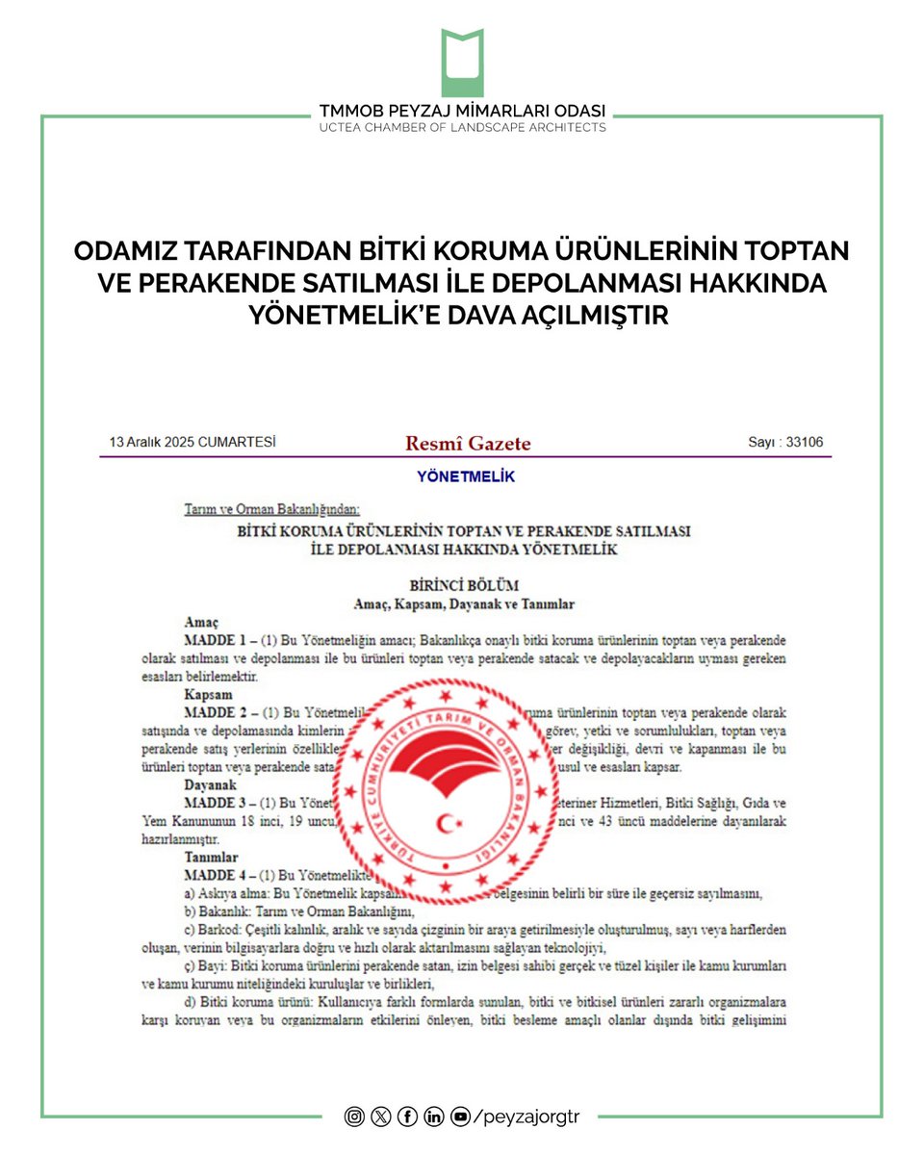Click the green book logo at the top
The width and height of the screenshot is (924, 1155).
coord(462,63)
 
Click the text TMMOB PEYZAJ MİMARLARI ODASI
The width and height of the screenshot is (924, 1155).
coord(462,112)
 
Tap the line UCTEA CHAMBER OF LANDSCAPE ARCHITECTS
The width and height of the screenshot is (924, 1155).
coord(462,127)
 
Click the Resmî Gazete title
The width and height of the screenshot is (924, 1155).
coord(468,443)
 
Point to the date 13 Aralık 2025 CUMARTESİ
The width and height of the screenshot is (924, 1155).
coord(192,442)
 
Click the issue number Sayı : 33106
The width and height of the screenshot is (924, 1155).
coord(784,442)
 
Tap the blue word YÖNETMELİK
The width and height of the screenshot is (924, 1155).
coord(466,476)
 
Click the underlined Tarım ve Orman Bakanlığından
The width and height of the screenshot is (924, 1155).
coord(271,509)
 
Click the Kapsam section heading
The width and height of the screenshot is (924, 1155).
coord(208,694)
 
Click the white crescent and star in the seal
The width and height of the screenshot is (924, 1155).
coord(447,823)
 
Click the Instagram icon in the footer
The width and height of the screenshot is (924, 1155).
coord(355,1116)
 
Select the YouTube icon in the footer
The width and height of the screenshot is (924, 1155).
coord(460,1116)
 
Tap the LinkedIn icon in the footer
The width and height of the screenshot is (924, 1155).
coord(434,1116)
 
